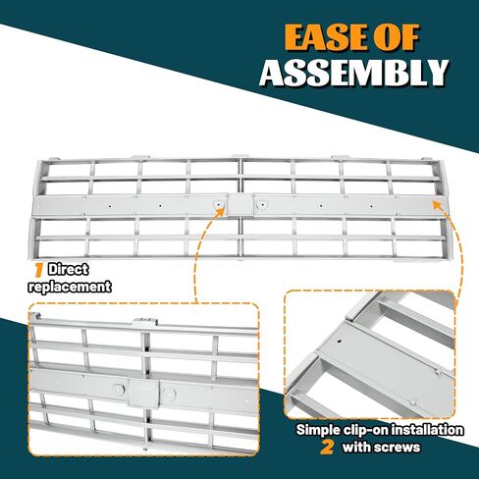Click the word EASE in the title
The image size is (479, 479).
coord(327,37)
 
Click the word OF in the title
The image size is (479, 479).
coord(398,37)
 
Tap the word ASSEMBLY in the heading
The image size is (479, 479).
coord(353,73)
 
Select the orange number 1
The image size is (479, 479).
coord(39,270)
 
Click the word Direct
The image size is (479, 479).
coord(68,270)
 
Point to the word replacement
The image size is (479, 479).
coord(70,287)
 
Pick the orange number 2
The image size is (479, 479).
coord(327,447)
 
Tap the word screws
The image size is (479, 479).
coord(398,447)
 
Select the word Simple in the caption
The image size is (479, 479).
coord(318,430)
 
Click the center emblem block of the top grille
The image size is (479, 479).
coord(240,204)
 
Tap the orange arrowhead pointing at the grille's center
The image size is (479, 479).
coord(221,211)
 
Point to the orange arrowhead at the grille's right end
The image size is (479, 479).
coord(438,205)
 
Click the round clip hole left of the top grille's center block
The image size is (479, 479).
coord(217,204)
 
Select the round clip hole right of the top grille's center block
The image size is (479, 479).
coord(262,205)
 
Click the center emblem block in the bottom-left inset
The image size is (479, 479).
coord(144,393)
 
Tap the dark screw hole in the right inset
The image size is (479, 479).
coord(340,342)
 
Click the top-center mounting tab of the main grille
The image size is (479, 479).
coord(239,156)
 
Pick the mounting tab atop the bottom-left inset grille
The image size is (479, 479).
coord(145,322)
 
